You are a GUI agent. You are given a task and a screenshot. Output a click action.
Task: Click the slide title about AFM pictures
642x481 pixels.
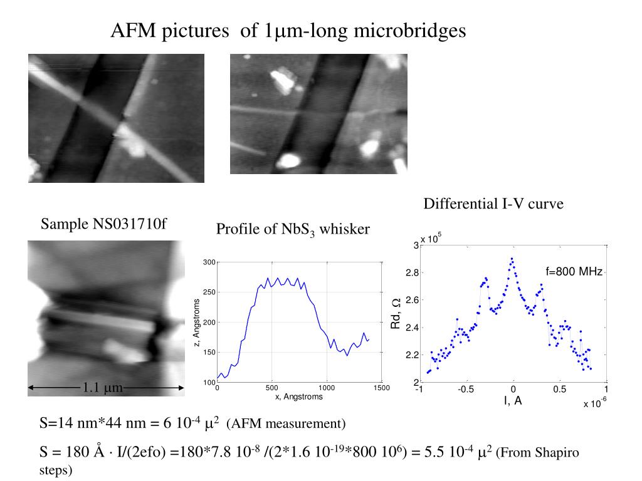[288, 30]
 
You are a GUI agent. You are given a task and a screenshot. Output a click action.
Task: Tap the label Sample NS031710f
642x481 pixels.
[103, 224]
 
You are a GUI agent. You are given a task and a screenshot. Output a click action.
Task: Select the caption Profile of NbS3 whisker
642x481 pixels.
[293, 230]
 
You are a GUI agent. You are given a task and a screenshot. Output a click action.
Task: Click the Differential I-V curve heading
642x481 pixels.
[493, 204]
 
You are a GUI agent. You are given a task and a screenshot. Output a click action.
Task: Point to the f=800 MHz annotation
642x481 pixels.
[574, 271]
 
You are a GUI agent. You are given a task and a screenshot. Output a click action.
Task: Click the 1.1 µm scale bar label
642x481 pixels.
[102, 388]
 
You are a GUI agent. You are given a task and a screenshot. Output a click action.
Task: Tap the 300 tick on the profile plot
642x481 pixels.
[209, 262]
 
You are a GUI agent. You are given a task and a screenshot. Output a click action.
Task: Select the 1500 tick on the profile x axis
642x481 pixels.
[381, 388]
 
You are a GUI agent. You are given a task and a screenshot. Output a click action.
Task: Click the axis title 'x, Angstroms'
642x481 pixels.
[298, 396]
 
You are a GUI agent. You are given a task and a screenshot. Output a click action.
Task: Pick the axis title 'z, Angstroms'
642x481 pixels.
[197, 323]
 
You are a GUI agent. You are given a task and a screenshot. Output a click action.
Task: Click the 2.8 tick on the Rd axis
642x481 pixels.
[411, 273]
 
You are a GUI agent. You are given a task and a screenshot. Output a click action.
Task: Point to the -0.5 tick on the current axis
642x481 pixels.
[465, 389]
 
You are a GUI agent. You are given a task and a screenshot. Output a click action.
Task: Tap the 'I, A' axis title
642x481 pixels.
[513, 401]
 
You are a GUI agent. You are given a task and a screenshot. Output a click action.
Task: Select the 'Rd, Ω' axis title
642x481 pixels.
[395, 313]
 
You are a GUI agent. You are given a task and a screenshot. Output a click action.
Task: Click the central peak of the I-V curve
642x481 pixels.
[512, 258]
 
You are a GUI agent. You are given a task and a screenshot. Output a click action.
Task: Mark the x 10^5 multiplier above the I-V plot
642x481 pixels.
[431, 238]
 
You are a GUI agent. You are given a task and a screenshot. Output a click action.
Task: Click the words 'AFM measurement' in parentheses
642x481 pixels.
[285, 424]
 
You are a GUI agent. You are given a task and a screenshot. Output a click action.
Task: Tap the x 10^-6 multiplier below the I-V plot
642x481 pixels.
[594, 403]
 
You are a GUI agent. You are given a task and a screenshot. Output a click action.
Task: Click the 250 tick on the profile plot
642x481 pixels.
[209, 292]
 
